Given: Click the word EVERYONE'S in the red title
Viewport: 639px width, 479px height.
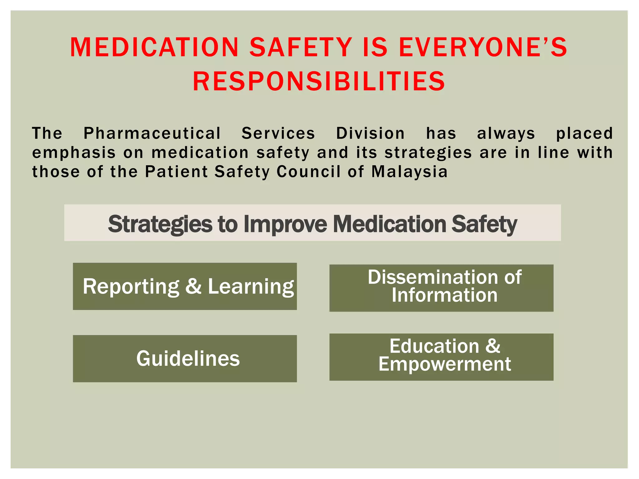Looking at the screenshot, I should (483, 47).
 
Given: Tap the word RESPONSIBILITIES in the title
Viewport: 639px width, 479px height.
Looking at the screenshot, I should (319, 81).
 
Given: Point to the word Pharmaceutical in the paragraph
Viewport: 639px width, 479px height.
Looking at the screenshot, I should (152, 133).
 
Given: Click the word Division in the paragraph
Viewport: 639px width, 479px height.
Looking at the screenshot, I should (370, 133).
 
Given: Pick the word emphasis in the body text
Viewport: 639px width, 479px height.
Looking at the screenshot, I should (74, 153).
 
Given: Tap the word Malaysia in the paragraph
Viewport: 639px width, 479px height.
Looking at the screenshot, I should (409, 172).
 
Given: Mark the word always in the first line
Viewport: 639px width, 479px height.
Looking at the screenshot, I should (506, 133).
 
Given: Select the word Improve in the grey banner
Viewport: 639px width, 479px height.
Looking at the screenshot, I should (285, 224).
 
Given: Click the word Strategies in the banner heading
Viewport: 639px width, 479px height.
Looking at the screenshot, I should (160, 224).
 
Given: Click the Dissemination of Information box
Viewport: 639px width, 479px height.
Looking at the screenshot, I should (441, 288).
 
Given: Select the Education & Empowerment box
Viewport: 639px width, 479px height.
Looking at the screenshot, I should (441, 357).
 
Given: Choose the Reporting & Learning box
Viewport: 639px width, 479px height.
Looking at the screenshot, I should (185, 286).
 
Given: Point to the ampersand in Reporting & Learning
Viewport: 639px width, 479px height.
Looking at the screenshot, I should (193, 286).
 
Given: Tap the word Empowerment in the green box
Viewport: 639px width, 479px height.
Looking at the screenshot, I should (445, 364).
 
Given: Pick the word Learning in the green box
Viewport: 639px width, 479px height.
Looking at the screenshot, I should (251, 287).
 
